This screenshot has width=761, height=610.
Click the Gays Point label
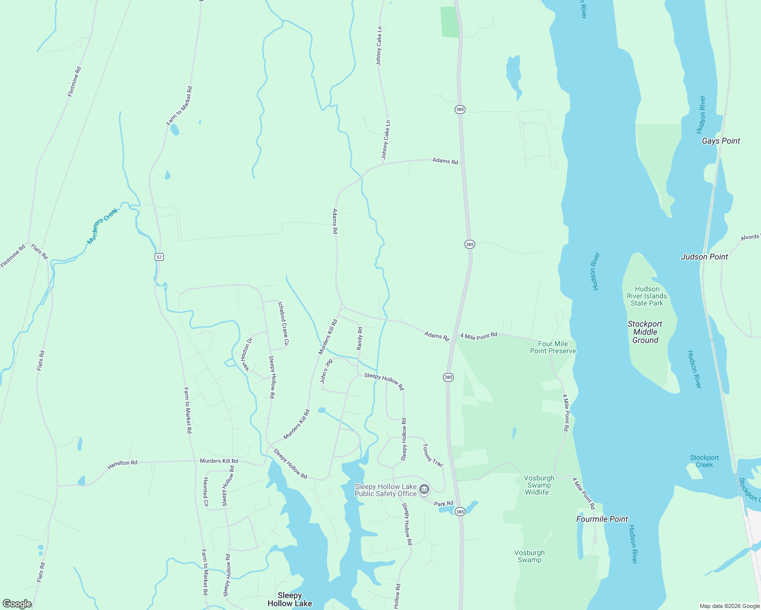[x=721, y=141]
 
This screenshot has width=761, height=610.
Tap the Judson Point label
[x=705, y=257]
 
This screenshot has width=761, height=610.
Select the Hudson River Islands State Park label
[x=647, y=296]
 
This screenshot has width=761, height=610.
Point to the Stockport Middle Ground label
[x=645, y=332]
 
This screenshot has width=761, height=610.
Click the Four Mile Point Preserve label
[x=553, y=347]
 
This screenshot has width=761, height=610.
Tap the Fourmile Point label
[x=602, y=519]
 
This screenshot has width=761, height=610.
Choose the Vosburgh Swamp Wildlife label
[x=539, y=485]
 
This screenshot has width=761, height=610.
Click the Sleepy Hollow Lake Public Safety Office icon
[x=424, y=490]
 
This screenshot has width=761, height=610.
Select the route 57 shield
[x=159, y=257]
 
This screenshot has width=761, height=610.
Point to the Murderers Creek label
[x=102, y=226]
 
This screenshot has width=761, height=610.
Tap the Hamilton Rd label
[x=122, y=464]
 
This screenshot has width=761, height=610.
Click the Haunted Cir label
[x=206, y=492]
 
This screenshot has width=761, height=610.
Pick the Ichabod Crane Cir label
[x=283, y=324]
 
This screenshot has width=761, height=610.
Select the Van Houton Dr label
[x=247, y=354]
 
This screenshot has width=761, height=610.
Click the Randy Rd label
[x=360, y=338]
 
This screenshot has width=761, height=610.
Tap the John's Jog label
[x=326, y=371]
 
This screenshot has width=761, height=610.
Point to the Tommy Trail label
[x=433, y=455]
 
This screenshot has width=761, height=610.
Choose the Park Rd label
[x=444, y=504]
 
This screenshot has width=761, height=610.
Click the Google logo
[x=17, y=603]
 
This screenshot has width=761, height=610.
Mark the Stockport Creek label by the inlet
[x=704, y=461]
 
